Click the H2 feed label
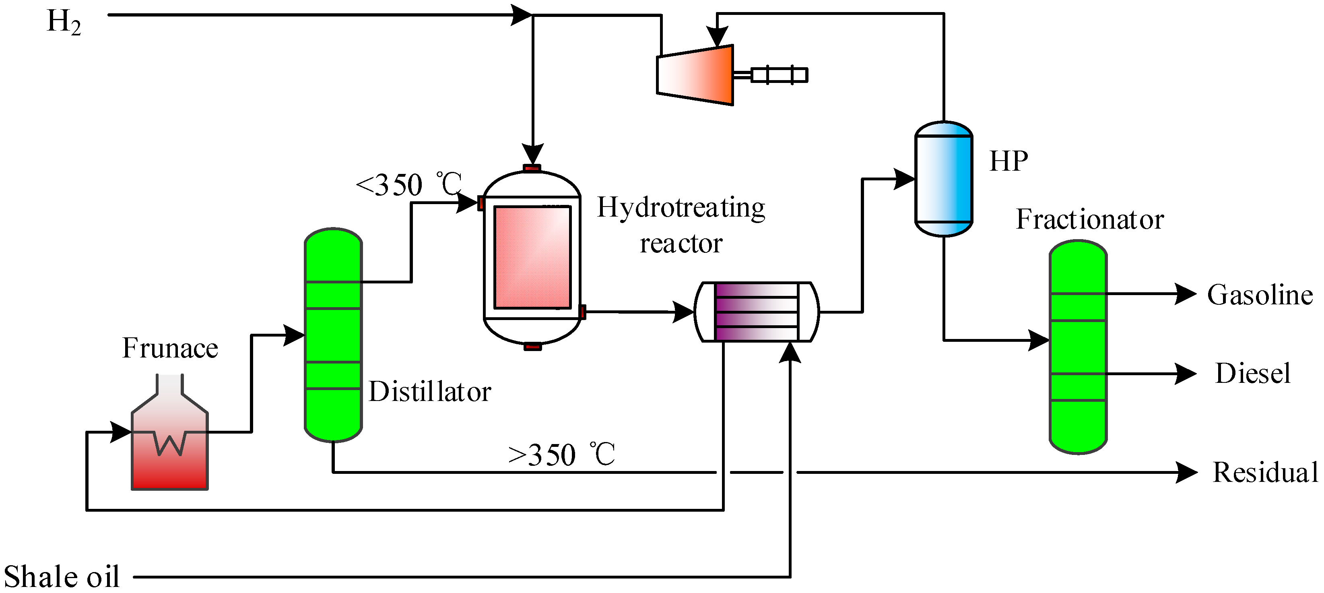64,22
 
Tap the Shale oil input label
61,576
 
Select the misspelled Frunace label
170,348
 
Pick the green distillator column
333,334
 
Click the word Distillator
430,391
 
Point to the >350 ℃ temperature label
561,454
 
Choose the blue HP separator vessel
943,179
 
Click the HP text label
1008,161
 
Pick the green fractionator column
1077,347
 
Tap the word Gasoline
1260,295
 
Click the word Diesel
1252,373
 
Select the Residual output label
1265,472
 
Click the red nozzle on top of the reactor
532,167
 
